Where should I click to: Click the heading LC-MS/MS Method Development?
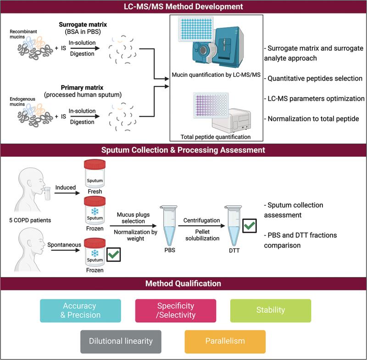point(183,7)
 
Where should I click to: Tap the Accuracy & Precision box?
point(80,310)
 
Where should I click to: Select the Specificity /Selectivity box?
point(176,310)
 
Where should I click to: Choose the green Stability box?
point(270,310)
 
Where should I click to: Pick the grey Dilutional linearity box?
point(121,341)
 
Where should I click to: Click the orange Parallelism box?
point(225,341)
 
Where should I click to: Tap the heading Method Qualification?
point(183,283)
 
